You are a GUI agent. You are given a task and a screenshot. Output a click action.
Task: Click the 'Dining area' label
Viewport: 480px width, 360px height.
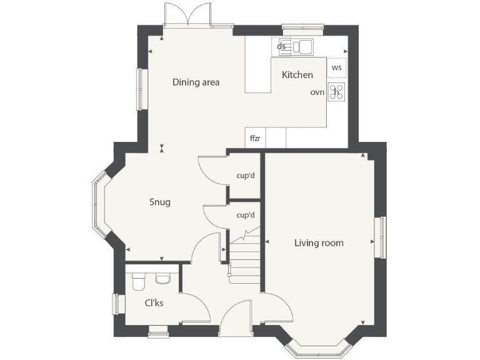point(196,82)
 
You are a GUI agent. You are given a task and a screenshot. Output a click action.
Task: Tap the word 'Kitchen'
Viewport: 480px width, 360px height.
point(297,75)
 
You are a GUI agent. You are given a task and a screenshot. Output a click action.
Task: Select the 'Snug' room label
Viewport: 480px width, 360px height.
point(159,202)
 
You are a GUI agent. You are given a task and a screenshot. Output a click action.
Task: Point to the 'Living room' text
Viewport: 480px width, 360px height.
point(319,242)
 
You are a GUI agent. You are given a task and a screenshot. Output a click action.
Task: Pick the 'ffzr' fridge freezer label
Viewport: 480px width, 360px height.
point(255,138)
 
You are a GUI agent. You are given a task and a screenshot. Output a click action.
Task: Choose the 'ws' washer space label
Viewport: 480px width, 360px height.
point(337,67)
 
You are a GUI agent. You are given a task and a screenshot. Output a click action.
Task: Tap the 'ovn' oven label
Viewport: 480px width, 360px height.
point(317,92)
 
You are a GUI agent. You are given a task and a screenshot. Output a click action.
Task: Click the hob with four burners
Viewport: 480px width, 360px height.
point(337,92)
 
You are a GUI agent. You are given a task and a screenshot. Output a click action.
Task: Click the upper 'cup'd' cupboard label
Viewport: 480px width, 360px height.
point(246,175)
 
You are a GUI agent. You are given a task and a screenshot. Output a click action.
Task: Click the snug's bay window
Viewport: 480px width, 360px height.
point(99,204)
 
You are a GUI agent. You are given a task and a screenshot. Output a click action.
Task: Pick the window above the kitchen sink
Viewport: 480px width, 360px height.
point(299,27)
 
